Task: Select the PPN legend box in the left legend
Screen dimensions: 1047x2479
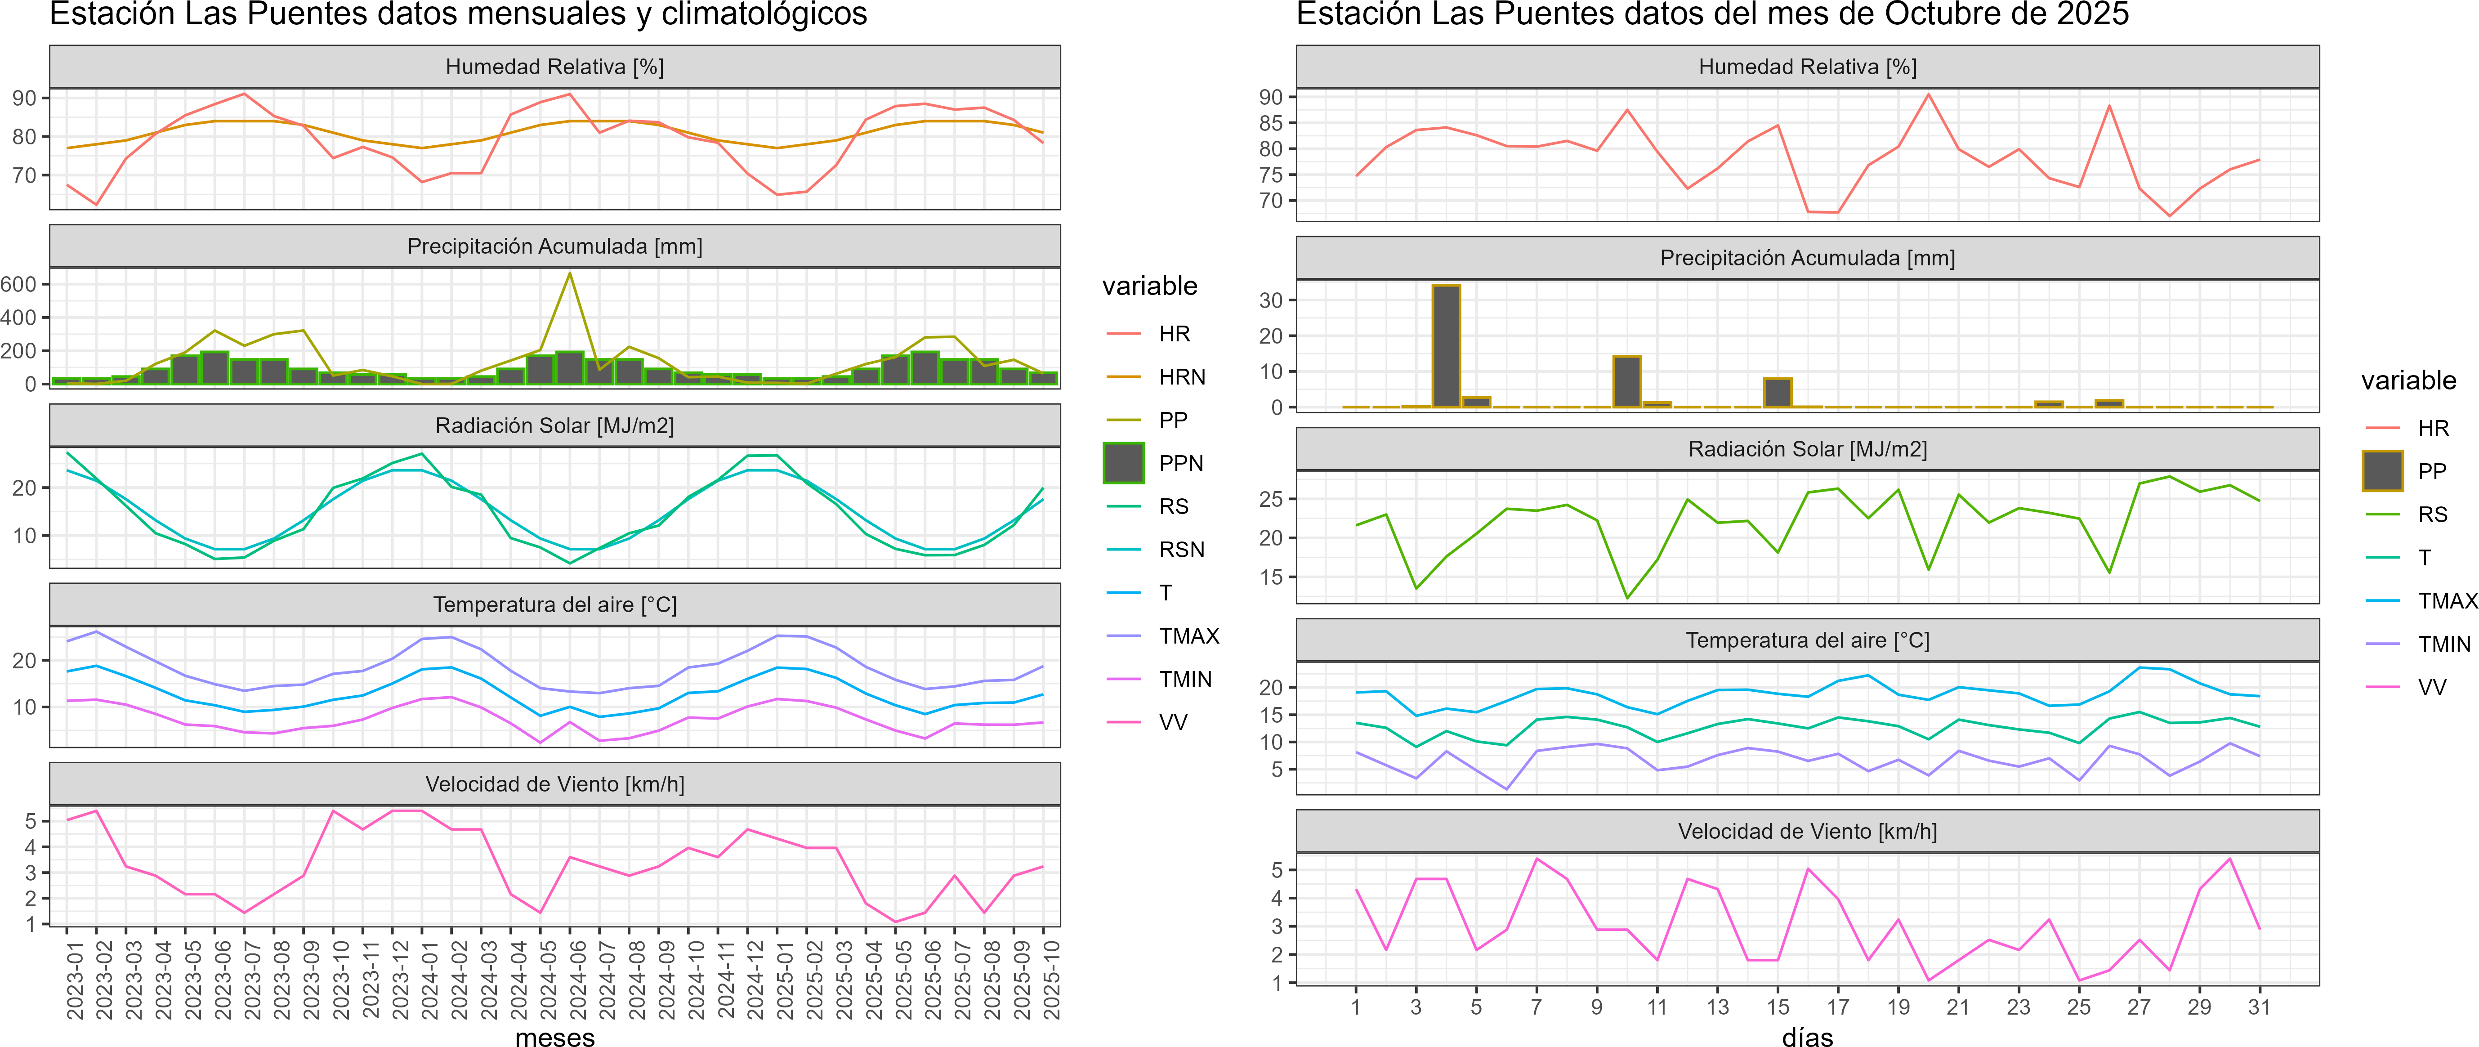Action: click(x=1123, y=463)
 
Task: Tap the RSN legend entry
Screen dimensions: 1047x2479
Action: click(x=1181, y=550)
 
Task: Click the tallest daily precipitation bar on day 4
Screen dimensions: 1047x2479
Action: click(x=1445, y=346)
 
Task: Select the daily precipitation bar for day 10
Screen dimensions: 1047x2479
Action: click(x=1626, y=382)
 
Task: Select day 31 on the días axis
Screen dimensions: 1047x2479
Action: click(x=2259, y=1007)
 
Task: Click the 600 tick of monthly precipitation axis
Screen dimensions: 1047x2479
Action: click(x=19, y=284)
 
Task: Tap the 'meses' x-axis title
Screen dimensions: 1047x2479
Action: click(x=555, y=1036)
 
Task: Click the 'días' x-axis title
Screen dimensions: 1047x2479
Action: click(x=1807, y=1036)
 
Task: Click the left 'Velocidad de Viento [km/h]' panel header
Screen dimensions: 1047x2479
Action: click(x=555, y=784)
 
